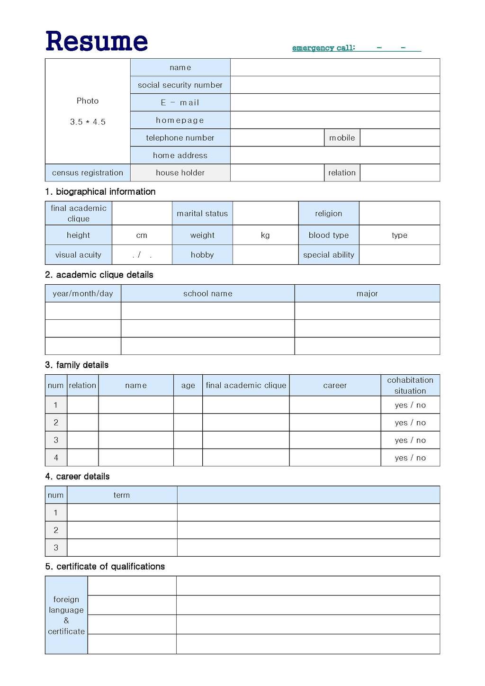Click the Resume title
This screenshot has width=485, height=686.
(97, 41)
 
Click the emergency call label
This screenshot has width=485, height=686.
(323, 48)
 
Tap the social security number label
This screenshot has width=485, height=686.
(180, 85)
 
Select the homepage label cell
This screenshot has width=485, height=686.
(180, 120)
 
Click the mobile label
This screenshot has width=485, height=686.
(342, 138)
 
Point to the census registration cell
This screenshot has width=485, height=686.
(88, 173)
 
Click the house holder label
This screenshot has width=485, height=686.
(180, 173)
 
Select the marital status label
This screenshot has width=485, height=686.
(202, 214)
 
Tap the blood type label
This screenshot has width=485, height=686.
(329, 235)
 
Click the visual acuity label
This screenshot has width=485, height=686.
(78, 255)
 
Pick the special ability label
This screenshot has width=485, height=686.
(329, 255)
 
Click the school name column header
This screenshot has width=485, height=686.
(207, 294)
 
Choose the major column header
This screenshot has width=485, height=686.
(367, 294)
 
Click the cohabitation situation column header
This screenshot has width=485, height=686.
(410, 386)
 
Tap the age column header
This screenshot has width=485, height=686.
(188, 386)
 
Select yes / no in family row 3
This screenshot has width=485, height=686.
(410, 441)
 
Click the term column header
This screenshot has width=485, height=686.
(122, 495)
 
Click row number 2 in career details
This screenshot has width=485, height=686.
(56, 530)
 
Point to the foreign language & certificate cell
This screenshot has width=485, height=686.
(66, 615)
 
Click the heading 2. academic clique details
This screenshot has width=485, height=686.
(99, 275)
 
